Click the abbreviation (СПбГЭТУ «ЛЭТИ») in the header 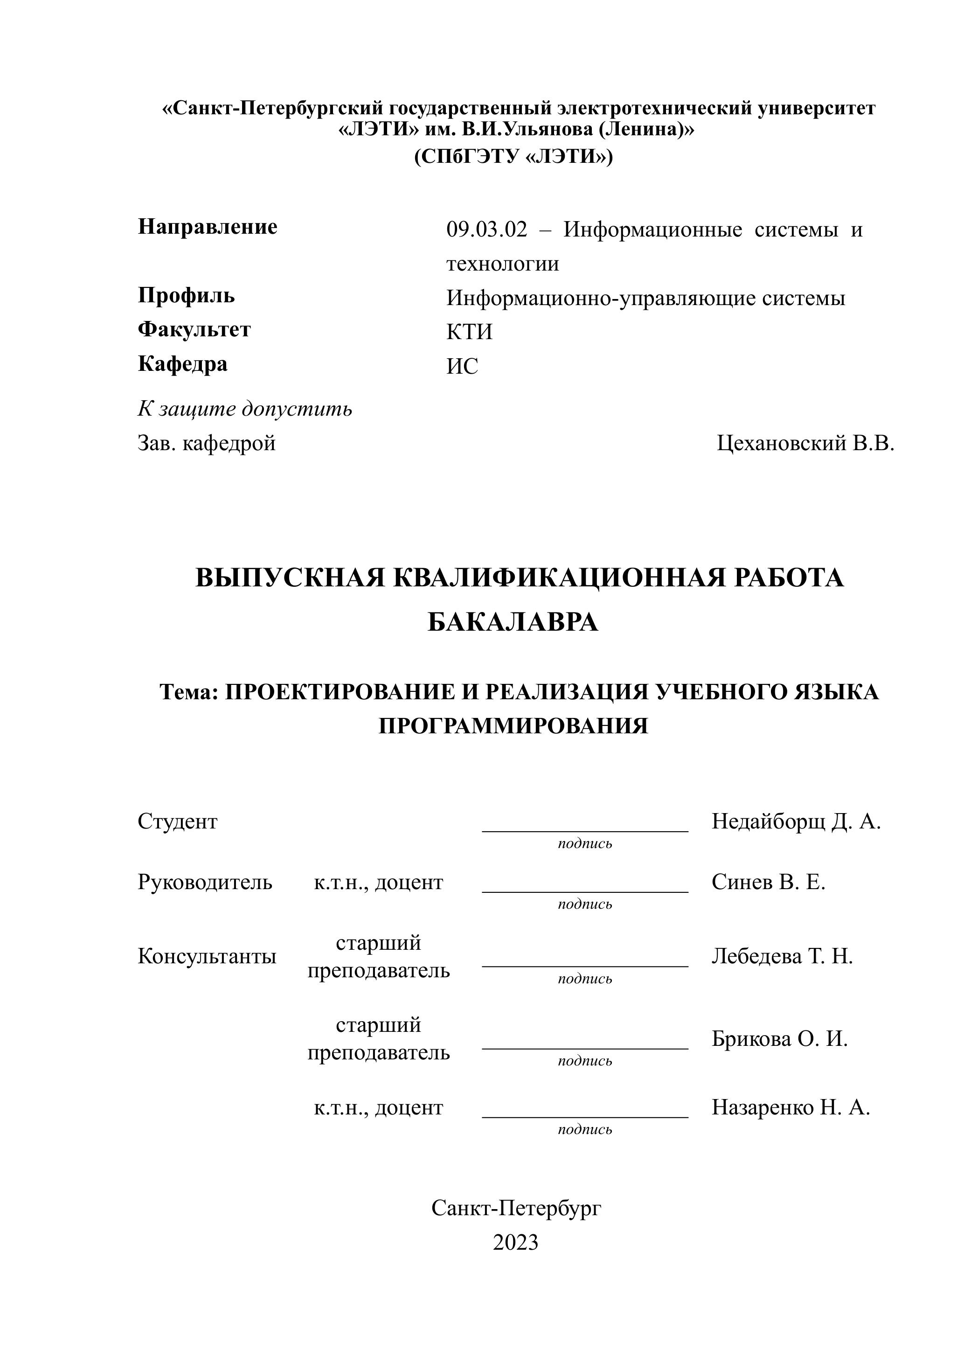513,156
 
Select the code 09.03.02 486,230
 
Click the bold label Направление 207,226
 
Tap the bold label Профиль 186,295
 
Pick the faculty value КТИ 469,332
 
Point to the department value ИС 462,366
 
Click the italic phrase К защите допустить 245,409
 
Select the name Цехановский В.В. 805,443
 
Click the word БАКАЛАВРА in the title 513,622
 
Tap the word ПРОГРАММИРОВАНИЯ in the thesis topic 513,725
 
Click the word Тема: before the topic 189,691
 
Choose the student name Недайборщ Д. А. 796,821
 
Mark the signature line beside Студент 584,830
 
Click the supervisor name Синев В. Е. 768,882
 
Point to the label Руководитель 205,882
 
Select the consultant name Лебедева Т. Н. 782,956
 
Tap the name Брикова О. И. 779,1038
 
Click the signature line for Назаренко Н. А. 584,1117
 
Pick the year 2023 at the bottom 515,1242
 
